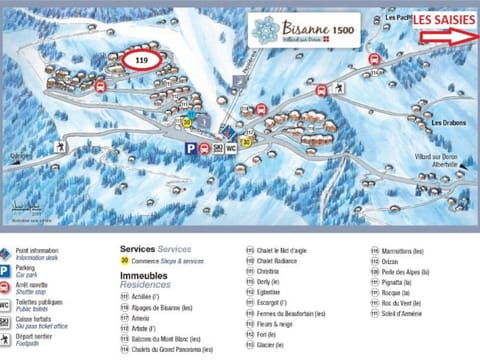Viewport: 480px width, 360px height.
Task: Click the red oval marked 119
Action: click(140, 60)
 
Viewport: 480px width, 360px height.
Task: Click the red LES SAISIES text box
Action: click(444, 19)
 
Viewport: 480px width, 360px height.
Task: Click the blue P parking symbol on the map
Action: click(190, 148)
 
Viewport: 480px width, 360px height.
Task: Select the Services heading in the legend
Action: click(139, 249)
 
